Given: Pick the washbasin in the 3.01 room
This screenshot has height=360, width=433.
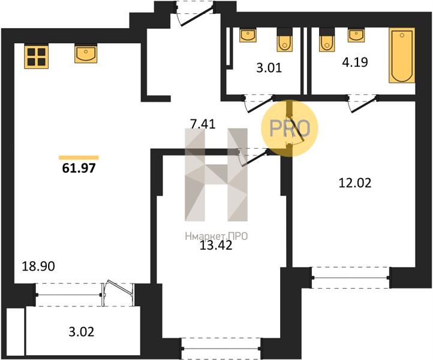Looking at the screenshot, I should click(x=248, y=35).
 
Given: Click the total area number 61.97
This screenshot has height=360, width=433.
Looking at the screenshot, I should click(x=79, y=169).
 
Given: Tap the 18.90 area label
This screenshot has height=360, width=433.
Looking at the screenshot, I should click(x=38, y=266).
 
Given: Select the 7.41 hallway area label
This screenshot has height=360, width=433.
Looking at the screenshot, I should click(x=202, y=125).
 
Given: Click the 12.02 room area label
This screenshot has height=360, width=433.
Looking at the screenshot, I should click(x=354, y=183).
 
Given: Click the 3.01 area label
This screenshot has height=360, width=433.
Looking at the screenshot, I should click(x=269, y=68).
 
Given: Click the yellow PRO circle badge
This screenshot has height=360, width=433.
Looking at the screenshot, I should click(x=290, y=128).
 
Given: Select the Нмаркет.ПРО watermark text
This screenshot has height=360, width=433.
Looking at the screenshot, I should click(x=216, y=235).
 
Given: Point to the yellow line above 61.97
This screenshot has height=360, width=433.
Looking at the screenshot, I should click(x=79, y=157).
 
